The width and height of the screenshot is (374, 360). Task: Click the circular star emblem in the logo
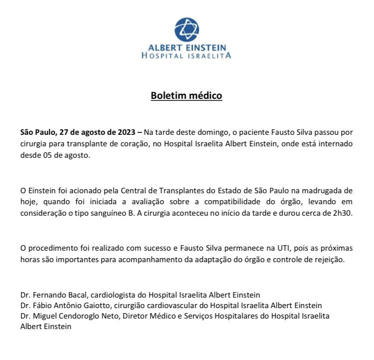coord(187,29)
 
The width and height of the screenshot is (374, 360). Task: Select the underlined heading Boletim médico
coord(187,95)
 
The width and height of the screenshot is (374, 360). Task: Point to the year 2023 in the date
coord(126,132)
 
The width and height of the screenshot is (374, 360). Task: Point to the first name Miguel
coord(44,316)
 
